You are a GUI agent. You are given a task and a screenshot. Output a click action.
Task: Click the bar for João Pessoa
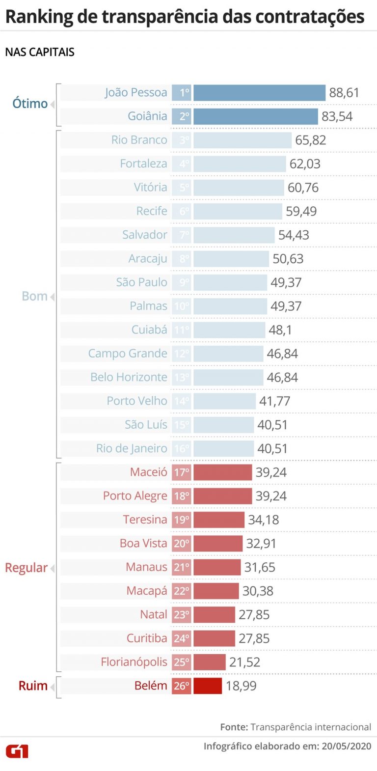[259, 93]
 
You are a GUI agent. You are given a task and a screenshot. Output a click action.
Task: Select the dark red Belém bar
[208, 686]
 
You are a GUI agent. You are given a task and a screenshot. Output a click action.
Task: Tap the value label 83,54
[337, 116]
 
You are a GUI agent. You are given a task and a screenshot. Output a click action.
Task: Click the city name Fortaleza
[143, 164]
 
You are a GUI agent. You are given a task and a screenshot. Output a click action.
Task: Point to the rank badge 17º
[182, 472]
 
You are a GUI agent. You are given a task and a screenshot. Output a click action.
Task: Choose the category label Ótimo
[30, 104]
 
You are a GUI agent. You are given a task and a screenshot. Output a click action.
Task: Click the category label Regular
[27, 568]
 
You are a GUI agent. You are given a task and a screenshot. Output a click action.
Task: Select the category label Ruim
[33, 686]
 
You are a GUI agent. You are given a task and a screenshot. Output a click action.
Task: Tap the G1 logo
[17, 751]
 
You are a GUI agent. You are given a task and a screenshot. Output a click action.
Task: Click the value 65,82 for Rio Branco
[310, 140]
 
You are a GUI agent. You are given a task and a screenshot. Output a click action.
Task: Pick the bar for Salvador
[234, 235]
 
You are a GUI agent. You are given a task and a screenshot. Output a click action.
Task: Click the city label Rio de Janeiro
[132, 448]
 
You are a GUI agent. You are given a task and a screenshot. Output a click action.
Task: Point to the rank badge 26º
[182, 686]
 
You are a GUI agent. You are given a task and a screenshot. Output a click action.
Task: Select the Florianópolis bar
[209, 662]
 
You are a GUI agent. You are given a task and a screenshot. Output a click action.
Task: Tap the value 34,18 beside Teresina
[263, 520]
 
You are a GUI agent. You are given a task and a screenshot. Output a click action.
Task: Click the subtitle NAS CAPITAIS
[40, 52]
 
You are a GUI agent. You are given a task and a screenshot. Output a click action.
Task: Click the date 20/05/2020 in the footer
[347, 746]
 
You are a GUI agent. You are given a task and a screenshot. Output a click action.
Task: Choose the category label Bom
[34, 296]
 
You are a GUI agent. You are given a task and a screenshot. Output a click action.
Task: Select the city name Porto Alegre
[135, 496]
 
